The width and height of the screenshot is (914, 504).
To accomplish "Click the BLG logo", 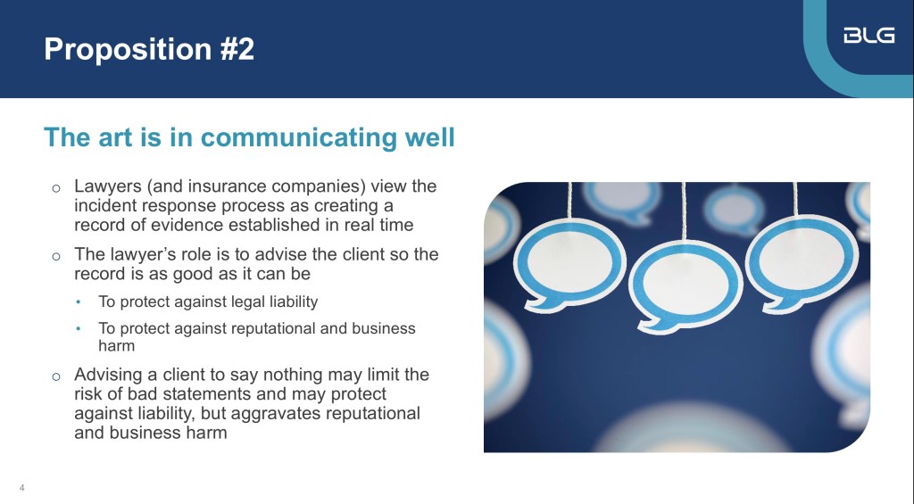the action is (x=869, y=36).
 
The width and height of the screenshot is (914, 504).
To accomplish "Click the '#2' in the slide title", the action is (x=237, y=48).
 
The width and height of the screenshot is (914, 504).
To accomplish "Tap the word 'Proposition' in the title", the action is (x=128, y=50).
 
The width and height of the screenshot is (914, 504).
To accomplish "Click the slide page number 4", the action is (x=22, y=488).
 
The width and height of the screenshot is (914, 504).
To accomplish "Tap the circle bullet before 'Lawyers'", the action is (x=56, y=188).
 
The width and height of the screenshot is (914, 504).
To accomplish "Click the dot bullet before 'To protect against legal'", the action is (x=79, y=302).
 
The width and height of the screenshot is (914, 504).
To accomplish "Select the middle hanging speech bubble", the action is (x=685, y=286).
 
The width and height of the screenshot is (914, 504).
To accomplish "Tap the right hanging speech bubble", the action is (x=802, y=263).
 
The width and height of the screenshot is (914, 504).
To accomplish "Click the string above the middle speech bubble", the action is (x=684, y=211).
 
